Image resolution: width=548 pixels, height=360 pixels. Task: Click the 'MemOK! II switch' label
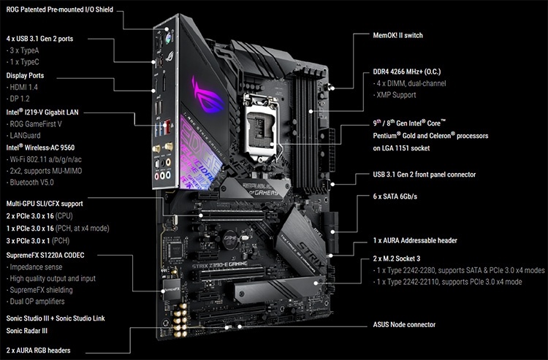point(397,35)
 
